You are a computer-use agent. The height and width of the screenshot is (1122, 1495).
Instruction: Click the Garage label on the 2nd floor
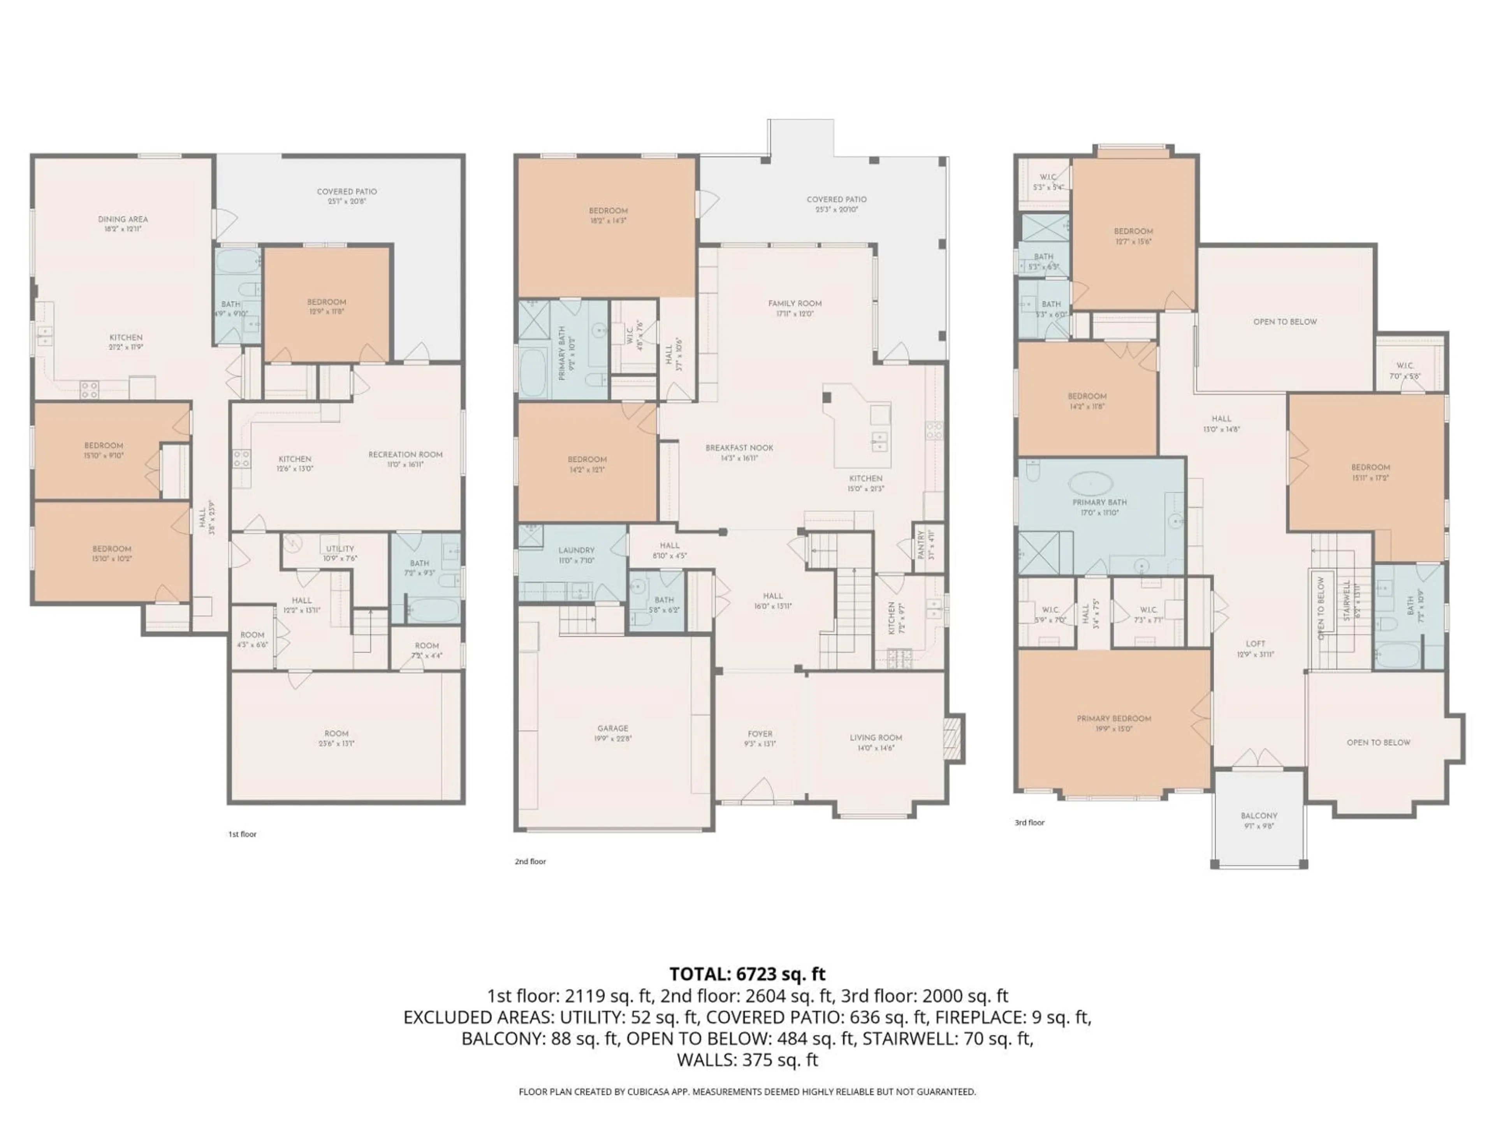(x=612, y=729)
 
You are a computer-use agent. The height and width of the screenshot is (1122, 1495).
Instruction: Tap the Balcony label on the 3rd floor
(x=1258, y=816)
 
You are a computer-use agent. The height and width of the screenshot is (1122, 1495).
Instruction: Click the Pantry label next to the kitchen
(x=920, y=544)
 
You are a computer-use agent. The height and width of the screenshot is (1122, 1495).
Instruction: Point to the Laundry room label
(x=576, y=550)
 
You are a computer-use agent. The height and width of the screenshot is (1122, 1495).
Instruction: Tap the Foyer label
(x=760, y=734)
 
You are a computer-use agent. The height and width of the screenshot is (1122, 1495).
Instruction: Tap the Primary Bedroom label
(x=1114, y=719)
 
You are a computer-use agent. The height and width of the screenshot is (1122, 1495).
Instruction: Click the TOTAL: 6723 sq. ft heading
(x=747, y=974)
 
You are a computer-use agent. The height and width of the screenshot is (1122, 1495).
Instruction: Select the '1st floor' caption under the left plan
(x=242, y=834)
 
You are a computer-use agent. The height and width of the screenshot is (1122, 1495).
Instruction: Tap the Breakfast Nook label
(x=739, y=448)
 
